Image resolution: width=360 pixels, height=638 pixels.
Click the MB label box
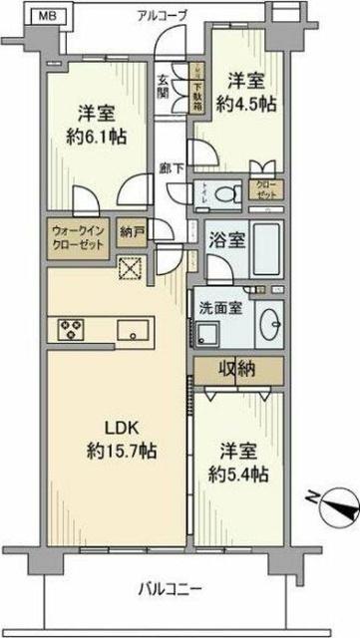click(x=19, y=15)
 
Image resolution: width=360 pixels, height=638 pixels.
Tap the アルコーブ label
click(x=164, y=14)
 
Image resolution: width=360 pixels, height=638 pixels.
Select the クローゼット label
click(x=267, y=188)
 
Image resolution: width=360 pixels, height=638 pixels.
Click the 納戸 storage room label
click(x=130, y=229)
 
